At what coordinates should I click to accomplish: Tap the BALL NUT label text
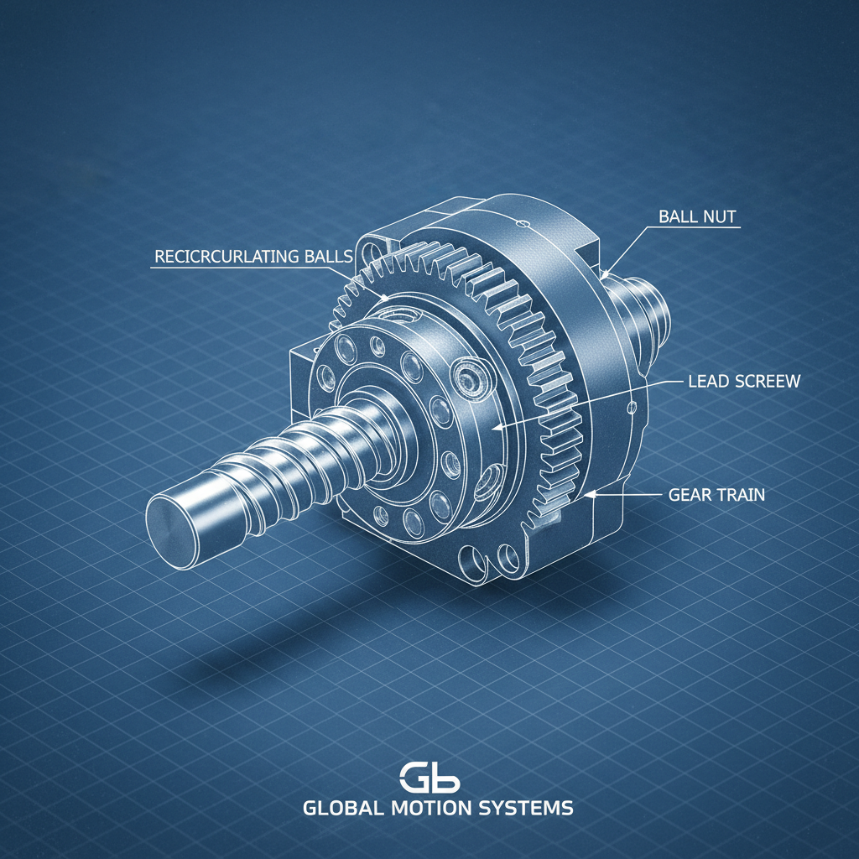coord(696,216)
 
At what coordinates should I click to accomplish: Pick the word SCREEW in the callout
coord(768,381)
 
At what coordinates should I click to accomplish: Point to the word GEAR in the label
coord(690,495)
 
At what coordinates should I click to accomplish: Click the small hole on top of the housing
coord(522,223)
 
